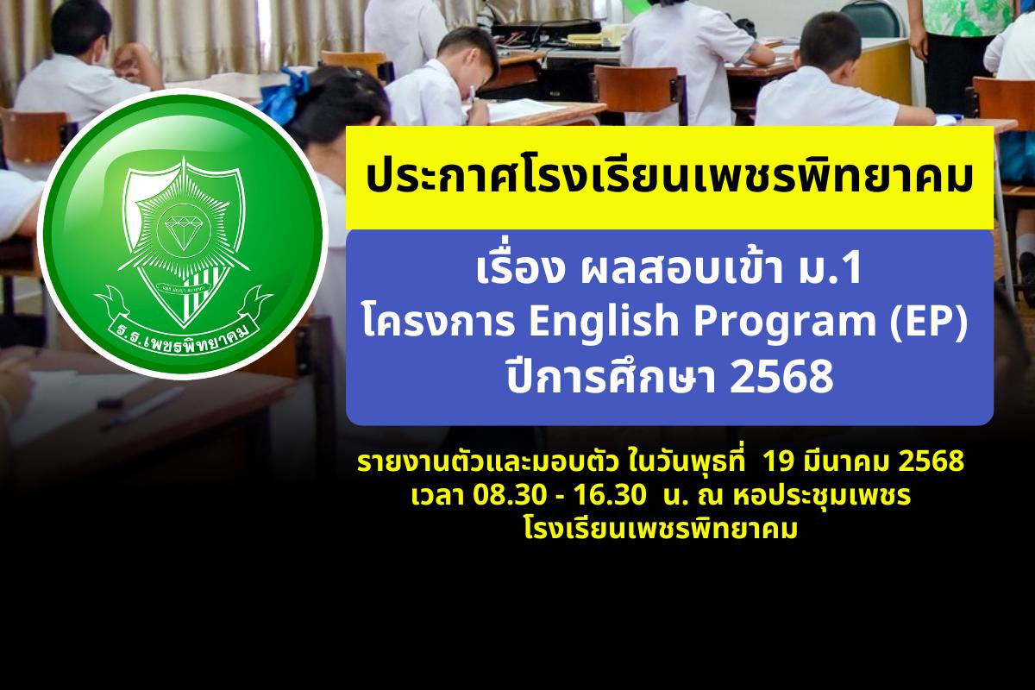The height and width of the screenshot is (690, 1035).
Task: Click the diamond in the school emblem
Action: pyautogui.click(x=184, y=228)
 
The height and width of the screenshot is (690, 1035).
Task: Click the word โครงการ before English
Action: pyautogui.click(x=439, y=321)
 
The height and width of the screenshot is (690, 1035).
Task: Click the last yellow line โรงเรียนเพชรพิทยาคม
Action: pyautogui.click(x=661, y=529)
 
